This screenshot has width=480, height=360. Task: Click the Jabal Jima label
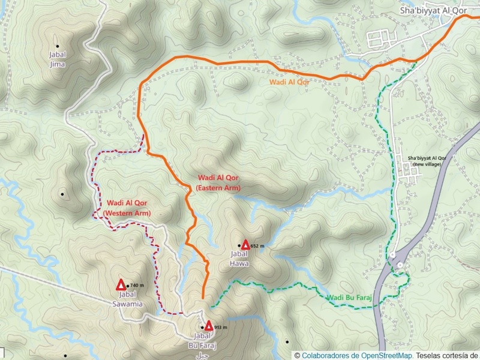coord(58,59)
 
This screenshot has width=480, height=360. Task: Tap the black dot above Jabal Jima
coord(58,46)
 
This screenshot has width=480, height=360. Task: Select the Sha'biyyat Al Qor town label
coord(433,11)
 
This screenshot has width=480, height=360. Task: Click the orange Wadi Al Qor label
coord(289,82)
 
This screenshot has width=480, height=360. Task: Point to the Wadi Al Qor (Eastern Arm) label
coord(218,183)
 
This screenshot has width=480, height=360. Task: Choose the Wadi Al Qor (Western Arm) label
coord(127,208)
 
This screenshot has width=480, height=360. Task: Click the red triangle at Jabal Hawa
coord(245,244)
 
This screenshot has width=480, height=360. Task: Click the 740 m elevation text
coord(137,286)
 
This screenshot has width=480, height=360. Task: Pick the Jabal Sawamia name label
coord(131,299)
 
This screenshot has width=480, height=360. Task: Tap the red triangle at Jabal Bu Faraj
coord(208,326)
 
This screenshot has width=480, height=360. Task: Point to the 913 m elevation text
coord(222,327)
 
